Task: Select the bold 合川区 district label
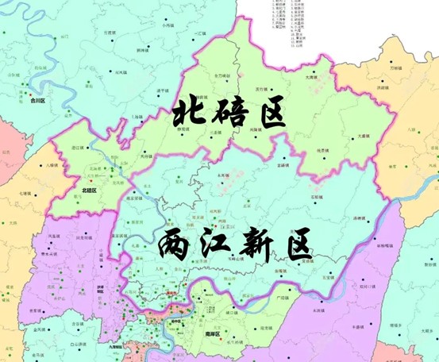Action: [37, 101]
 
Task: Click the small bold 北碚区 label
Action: [89, 191]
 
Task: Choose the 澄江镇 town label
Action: [79, 148]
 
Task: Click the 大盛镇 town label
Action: [363, 137]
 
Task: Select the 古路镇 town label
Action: [283, 164]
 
